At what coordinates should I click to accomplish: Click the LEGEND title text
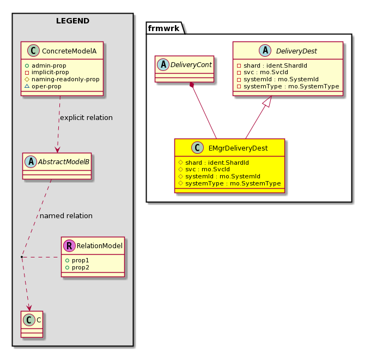point(72,21)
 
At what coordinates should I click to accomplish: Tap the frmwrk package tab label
point(163,28)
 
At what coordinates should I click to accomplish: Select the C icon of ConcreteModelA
point(33,51)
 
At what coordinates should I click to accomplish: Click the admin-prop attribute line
point(46,65)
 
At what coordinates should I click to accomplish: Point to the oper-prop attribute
point(43,86)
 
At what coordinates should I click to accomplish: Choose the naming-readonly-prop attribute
point(62,79)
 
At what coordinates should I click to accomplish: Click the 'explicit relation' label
point(86,117)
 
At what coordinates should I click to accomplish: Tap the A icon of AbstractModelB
point(31,161)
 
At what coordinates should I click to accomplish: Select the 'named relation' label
point(66,215)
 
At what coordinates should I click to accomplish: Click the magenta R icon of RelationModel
point(69,245)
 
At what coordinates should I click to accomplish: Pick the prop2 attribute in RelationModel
point(77,267)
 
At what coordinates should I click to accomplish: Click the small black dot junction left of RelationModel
point(22,256)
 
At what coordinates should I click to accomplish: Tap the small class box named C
point(32,324)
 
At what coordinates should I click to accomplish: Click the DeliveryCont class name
point(191,65)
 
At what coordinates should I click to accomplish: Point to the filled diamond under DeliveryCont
point(192,85)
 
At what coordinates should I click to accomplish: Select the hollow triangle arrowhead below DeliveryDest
point(268,101)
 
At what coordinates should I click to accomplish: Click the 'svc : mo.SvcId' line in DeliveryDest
point(263,73)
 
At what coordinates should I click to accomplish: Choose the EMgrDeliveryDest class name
point(238,148)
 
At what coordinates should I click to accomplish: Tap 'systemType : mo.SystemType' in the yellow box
point(229,183)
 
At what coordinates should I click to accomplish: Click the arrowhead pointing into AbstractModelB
point(57,150)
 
